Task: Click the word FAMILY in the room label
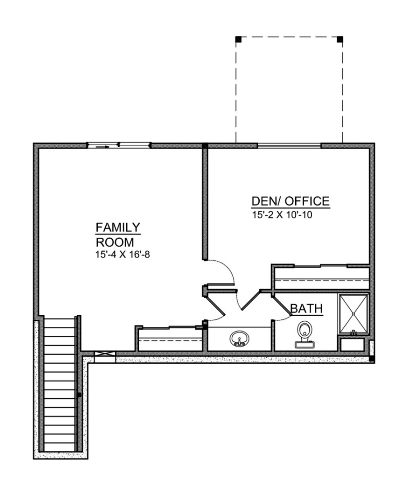click(118, 227)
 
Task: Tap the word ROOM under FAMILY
click(115, 242)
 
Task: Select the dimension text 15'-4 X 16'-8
click(123, 255)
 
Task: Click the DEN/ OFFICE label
click(290, 201)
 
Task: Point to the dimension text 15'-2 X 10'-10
click(282, 215)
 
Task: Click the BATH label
click(306, 308)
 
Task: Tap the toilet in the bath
click(304, 334)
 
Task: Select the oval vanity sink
click(239, 338)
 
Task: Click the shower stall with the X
click(353, 314)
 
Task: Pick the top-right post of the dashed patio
click(340, 40)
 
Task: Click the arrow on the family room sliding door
click(102, 147)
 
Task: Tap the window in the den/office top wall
click(289, 145)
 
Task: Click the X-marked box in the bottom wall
click(105, 354)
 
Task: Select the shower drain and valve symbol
click(353, 332)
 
